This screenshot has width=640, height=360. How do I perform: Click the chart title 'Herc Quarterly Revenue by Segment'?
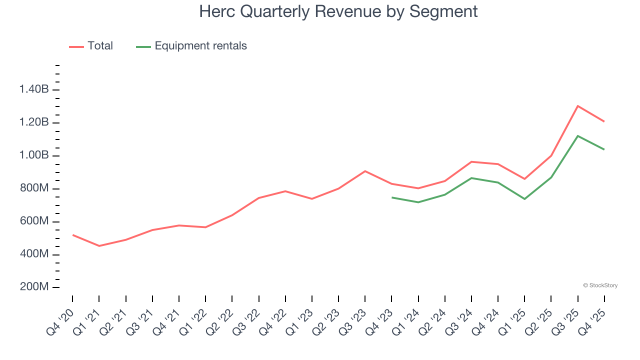pos(338,11)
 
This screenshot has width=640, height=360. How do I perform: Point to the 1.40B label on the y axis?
pos(34,89)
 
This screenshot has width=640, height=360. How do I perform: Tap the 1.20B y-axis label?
pos(34,122)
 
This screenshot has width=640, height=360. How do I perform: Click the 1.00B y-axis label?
pos(34,155)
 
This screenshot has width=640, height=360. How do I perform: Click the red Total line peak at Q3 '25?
pos(578,106)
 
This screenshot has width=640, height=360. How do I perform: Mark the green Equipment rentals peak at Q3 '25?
pos(578,136)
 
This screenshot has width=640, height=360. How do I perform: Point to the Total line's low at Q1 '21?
pos(99,246)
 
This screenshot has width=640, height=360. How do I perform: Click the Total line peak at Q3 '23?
pos(365,171)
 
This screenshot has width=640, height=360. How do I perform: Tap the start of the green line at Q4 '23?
pos(392,197)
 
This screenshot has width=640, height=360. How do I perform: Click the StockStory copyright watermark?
pos(600,285)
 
